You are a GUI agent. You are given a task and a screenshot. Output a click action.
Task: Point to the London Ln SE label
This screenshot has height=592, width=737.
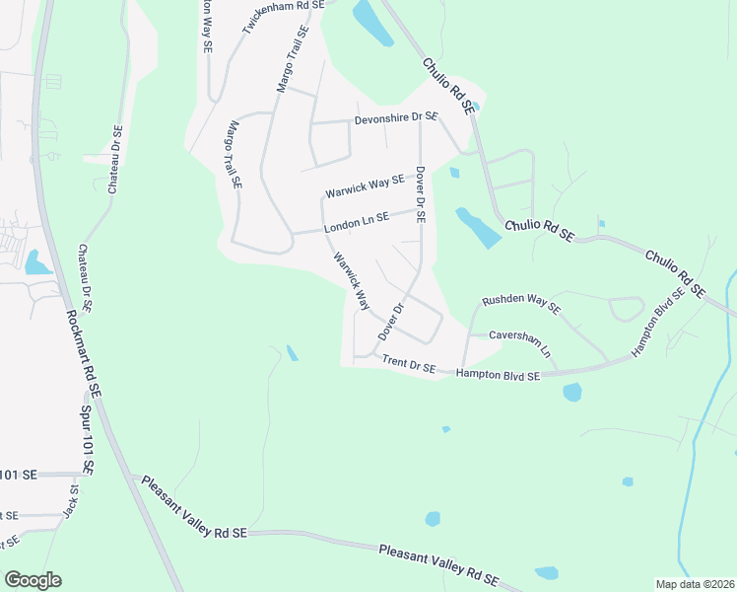tap(357, 223)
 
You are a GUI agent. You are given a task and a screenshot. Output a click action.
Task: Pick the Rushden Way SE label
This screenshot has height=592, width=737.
tap(520, 304)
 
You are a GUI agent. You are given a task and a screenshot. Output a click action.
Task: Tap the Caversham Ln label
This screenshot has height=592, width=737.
tap(519, 340)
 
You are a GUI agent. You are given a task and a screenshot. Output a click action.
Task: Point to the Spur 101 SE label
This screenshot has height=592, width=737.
tap(84, 434)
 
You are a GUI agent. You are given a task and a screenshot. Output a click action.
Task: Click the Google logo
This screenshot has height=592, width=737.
tap(33, 580)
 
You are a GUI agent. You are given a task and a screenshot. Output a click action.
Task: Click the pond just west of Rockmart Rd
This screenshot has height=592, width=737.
tap(37, 262)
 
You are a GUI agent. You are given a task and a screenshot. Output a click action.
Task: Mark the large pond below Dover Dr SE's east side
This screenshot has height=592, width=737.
tap(478, 228)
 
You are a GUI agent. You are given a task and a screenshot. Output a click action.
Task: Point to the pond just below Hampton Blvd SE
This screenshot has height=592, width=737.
tap(572, 392)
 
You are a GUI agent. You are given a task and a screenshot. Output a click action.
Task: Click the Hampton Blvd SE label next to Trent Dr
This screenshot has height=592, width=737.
tap(499, 376)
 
